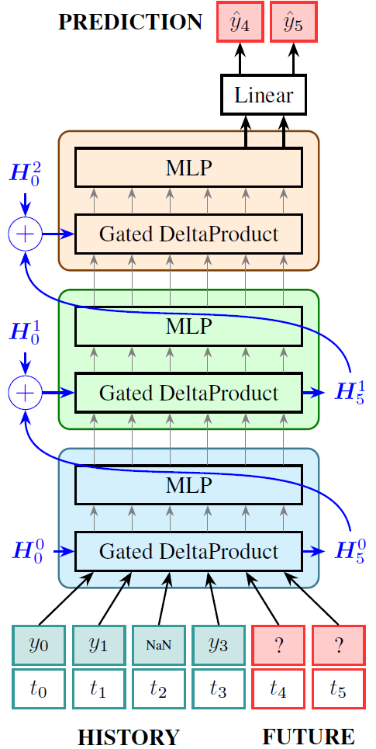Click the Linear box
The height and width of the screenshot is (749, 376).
pos(264,95)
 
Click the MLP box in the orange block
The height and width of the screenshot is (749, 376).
pos(188,167)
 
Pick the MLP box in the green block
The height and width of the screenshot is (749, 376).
pos(188,327)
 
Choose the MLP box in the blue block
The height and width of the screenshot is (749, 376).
pos(188,486)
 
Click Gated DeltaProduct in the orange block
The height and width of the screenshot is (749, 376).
pos(188,233)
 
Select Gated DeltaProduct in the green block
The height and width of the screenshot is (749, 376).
pos(188,393)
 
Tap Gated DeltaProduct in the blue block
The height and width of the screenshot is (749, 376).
pos(188,552)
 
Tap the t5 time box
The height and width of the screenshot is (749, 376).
pos(338,690)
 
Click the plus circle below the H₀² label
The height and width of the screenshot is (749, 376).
pos(25,233)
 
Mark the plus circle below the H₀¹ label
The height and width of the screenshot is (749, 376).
pos(25,393)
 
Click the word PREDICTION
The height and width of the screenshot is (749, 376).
pos(130,23)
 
